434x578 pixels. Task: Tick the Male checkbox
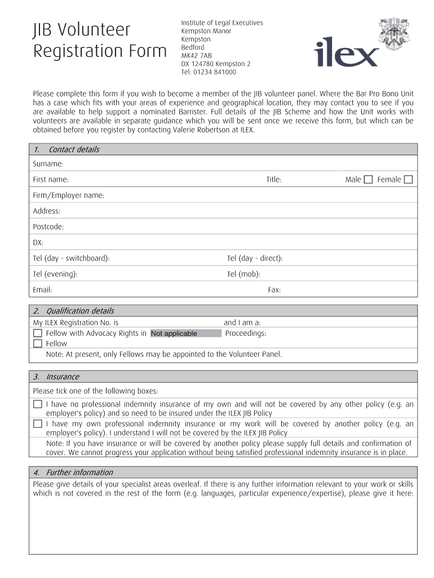click(x=368, y=179)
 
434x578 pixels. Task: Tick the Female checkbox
click(x=409, y=179)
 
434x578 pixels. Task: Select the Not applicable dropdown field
click(x=186, y=334)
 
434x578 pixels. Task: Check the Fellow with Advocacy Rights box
click(x=38, y=333)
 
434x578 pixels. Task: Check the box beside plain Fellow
click(x=38, y=343)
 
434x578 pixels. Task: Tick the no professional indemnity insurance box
click(x=38, y=404)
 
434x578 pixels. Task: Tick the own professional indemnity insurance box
click(x=38, y=424)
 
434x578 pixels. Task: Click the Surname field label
click(x=48, y=164)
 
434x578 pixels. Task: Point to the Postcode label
click(x=48, y=227)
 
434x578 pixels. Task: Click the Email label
click(x=43, y=290)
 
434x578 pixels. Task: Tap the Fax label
click(x=274, y=290)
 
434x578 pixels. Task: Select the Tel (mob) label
click(x=243, y=274)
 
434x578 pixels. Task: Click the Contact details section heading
click(x=74, y=150)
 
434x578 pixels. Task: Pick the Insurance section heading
click(x=63, y=377)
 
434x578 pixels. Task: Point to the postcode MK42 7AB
click(x=196, y=56)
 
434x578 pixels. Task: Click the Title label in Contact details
click(x=274, y=179)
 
